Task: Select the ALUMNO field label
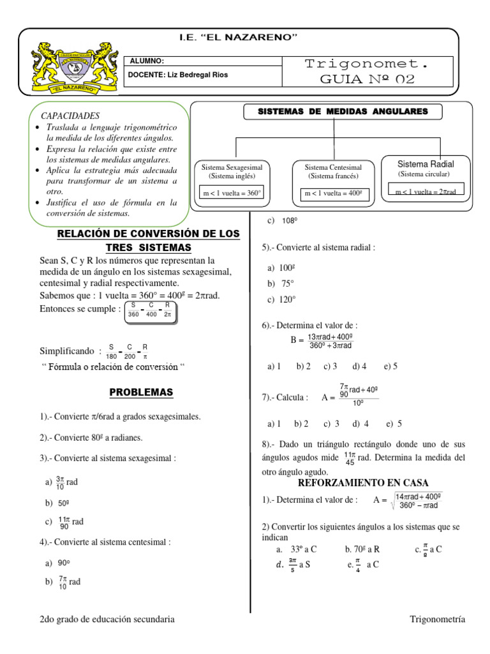(147, 61)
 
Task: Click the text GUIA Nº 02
(368, 79)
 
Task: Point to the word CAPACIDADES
(70, 116)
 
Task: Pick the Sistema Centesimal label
(332, 167)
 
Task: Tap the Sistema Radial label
(425, 164)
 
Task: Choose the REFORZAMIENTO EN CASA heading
(364, 482)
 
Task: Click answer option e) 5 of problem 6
(390, 366)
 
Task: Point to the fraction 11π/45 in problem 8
(350, 458)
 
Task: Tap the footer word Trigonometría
(437, 619)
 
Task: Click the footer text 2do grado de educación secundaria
(107, 619)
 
